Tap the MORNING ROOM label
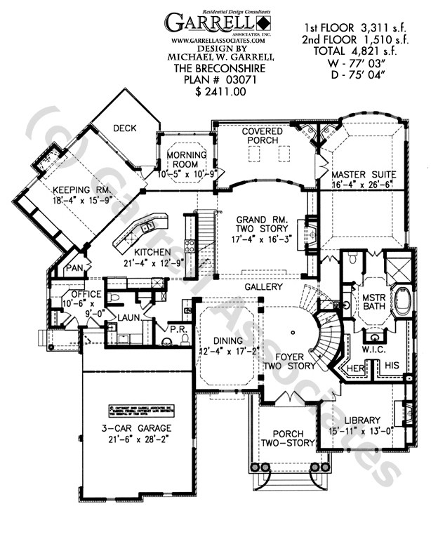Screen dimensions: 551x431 click(186, 159)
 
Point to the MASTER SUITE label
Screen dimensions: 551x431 click(364, 173)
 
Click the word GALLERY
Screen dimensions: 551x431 click(263, 287)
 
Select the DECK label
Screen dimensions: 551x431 click(124, 128)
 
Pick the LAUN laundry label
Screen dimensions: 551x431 click(126, 318)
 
